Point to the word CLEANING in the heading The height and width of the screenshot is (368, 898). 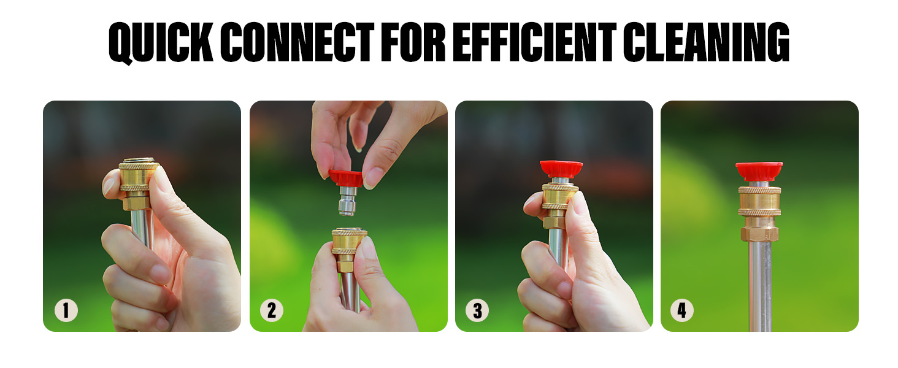pyautogui.click(x=707, y=43)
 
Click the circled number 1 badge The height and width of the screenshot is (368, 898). pyautogui.click(x=66, y=310)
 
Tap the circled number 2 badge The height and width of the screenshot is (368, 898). pyautogui.click(x=272, y=310)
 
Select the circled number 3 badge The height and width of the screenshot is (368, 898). pyautogui.click(x=477, y=310)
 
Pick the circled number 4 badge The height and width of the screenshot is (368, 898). pyautogui.click(x=682, y=310)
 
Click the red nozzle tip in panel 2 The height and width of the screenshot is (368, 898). pyautogui.click(x=347, y=178)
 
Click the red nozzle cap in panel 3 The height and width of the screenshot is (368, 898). pyautogui.click(x=561, y=168)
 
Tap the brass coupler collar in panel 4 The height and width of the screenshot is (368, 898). pyautogui.click(x=759, y=201)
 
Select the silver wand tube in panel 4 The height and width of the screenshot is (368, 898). pyautogui.click(x=759, y=282)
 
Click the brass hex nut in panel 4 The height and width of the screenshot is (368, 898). pyautogui.click(x=759, y=233)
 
